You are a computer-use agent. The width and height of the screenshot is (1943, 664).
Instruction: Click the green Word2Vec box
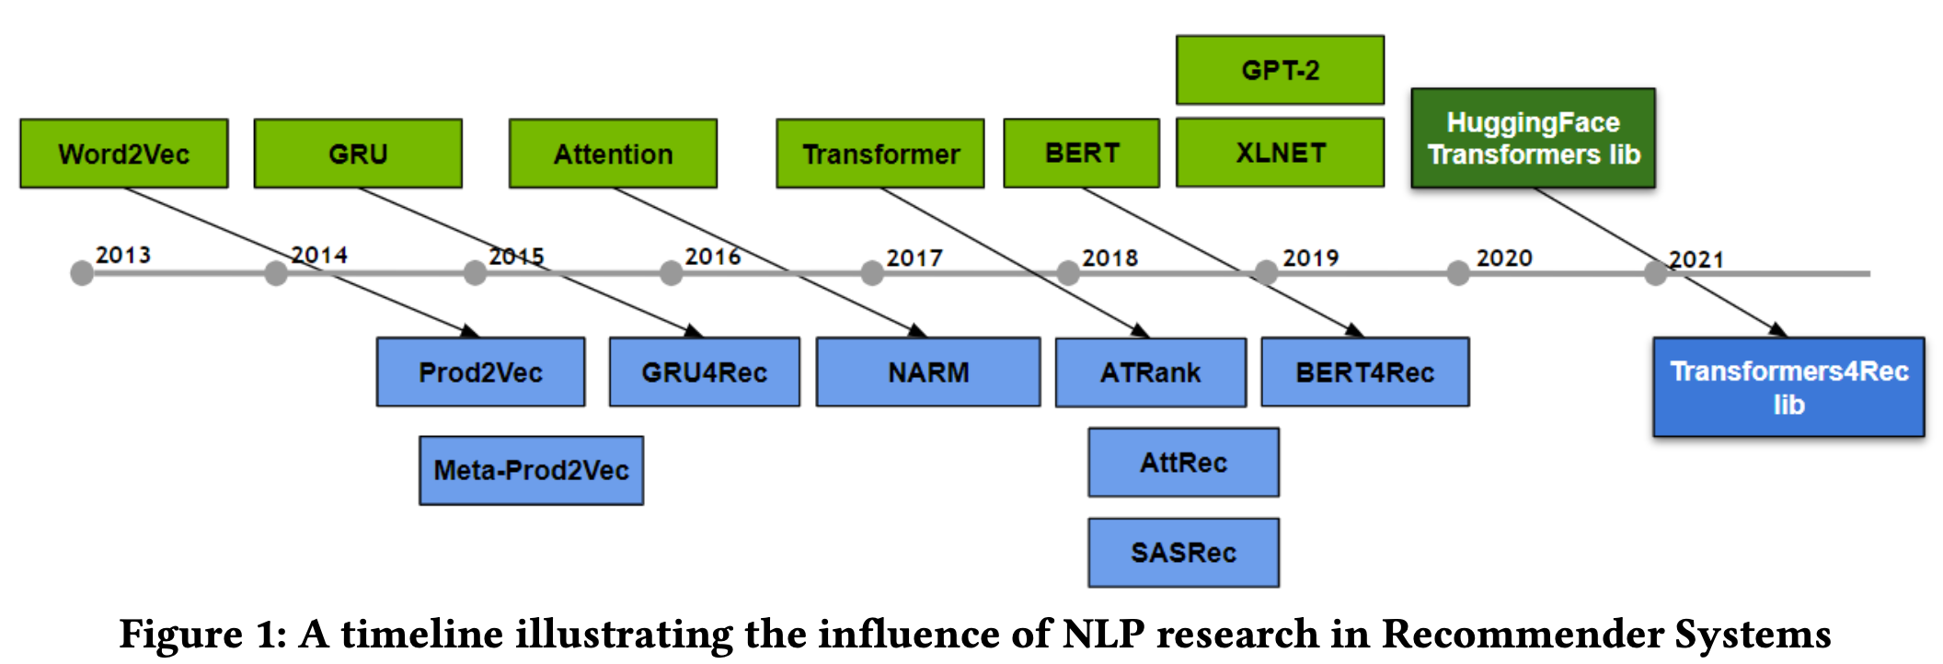coord(124,154)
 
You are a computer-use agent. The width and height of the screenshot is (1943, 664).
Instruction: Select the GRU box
coord(358,154)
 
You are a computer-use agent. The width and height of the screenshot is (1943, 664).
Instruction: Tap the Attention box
coord(613,154)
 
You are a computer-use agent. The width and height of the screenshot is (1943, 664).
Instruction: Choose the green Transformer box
coord(880,154)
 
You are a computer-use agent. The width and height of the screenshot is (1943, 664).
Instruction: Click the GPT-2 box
coord(1280,70)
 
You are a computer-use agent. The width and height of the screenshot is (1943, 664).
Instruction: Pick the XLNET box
coord(1280,153)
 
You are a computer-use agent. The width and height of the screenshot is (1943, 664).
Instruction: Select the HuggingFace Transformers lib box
coord(1534,139)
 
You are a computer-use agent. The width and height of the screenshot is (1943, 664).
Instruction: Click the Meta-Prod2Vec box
coord(532,471)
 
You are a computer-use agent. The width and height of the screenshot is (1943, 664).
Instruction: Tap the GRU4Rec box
coord(705,372)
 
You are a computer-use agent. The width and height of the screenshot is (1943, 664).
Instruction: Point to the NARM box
coord(928,372)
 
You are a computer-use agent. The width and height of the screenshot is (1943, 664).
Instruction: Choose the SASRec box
coord(1184,553)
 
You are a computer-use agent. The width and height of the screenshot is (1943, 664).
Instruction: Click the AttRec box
coord(1184,463)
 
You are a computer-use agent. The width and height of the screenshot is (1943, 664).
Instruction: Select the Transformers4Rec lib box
coord(1788,387)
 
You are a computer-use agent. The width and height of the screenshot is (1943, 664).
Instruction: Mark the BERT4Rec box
coord(1365,372)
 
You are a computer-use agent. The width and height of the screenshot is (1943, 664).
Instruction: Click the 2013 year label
coord(123,255)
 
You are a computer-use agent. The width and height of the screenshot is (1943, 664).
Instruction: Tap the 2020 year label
coord(1504,258)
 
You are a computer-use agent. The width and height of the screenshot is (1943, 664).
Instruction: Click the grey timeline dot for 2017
coord(872,273)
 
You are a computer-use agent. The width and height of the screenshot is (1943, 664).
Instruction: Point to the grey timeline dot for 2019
coord(1266,273)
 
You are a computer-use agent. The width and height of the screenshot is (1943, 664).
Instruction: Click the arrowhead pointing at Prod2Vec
coord(470,331)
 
